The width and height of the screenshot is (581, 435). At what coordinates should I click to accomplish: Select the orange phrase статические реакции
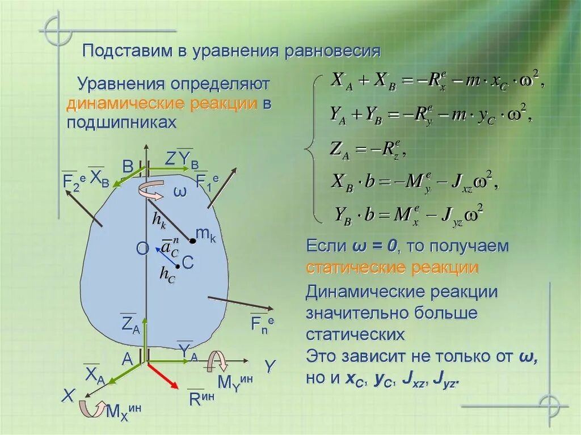(x=392, y=267)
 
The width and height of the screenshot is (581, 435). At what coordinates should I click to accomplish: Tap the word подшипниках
(x=121, y=123)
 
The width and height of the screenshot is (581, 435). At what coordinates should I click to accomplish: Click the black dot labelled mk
(x=192, y=241)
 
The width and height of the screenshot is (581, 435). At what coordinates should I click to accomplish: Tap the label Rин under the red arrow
(x=201, y=398)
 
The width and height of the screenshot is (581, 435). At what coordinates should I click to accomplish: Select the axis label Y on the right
(x=270, y=366)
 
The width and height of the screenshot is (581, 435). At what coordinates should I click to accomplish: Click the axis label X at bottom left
(x=69, y=396)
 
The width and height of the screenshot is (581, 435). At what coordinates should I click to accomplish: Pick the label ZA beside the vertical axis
(x=130, y=325)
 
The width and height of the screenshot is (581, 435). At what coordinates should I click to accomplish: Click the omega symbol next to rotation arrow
(x=179, y=192)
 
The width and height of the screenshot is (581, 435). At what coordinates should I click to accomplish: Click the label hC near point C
(x=167, y=274)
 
